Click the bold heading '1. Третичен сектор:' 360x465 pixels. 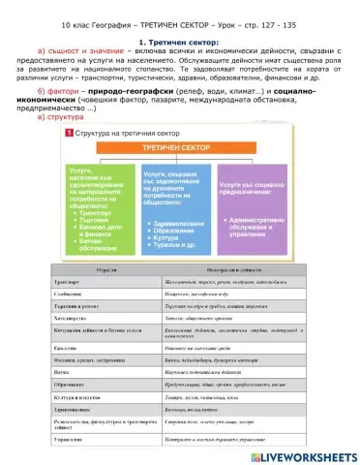(179, 43)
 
